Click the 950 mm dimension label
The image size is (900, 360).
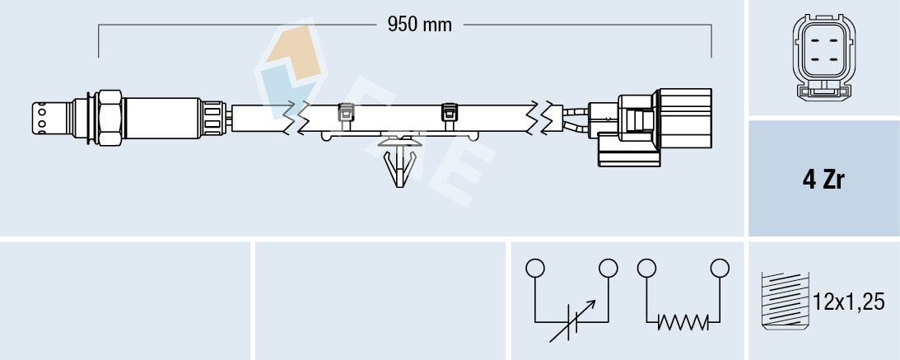420,25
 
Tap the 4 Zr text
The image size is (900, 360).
823,180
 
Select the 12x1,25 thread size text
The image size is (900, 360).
849,302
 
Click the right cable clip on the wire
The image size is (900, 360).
450,112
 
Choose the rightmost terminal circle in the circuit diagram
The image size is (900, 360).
720,268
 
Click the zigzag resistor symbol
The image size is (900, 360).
683,323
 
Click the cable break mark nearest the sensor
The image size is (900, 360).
294,117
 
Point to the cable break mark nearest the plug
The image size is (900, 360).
543,117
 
